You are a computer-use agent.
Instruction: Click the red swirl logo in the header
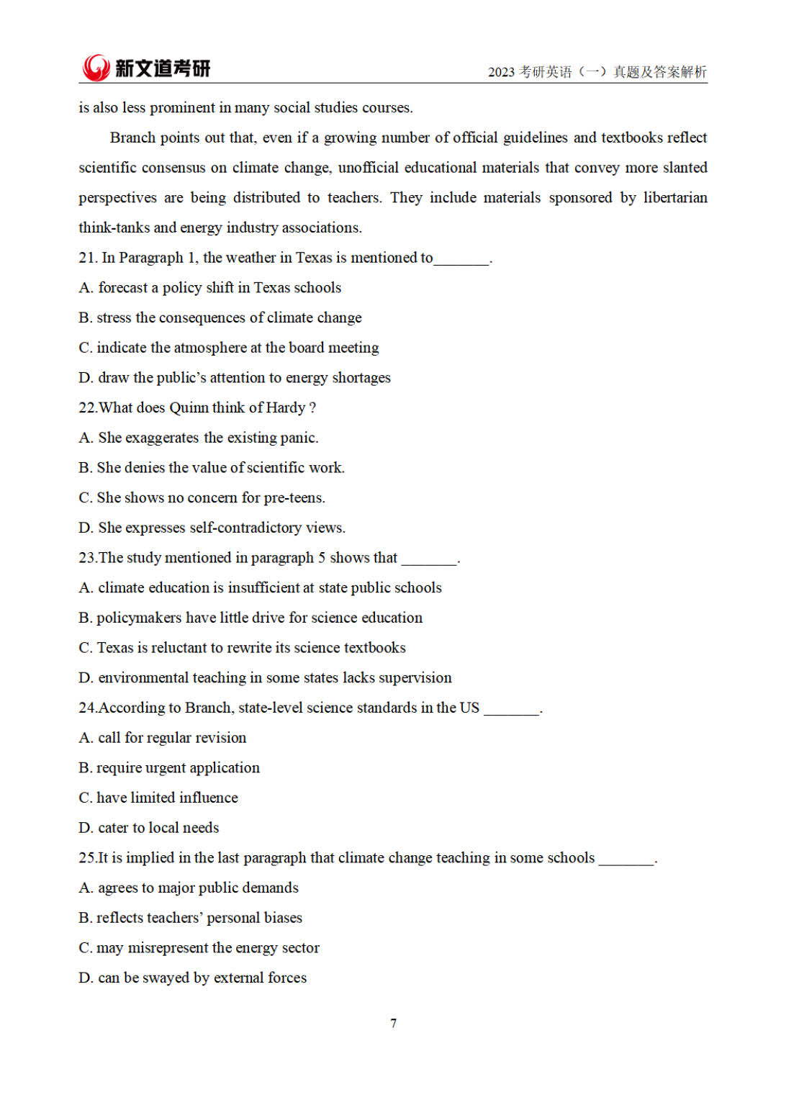click(95, 68)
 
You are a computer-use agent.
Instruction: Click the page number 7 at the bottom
click(393, 1023)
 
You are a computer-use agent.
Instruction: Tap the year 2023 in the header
click(501, 72)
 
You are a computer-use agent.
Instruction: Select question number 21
click(87, 258)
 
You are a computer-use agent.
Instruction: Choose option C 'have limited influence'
click(158, 798)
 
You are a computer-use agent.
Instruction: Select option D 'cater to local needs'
click(149, 828)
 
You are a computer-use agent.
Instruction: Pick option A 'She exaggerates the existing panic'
click(199, 438)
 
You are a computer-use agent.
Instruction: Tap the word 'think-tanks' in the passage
click(114, 228)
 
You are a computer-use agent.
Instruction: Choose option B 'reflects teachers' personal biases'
click(191, 918)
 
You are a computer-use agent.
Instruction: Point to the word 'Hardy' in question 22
click(286, 408)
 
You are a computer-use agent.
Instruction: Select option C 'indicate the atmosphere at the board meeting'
click(229, 348)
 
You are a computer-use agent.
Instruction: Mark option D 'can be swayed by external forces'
click(193, 978)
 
